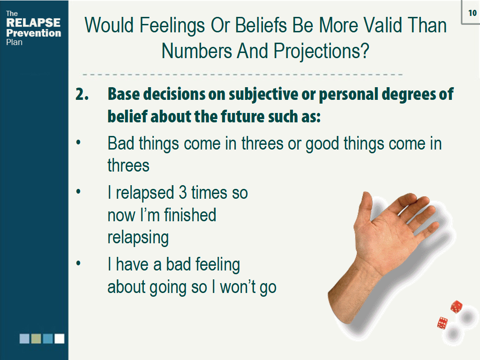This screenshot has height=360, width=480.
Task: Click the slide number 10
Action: coord(472,13)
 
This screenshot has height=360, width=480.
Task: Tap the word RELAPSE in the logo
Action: coord(33,22)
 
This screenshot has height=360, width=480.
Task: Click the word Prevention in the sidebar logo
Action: coord(34,33)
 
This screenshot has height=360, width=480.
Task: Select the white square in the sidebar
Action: coord(60,338)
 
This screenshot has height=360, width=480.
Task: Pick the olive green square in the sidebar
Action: coord(36,338)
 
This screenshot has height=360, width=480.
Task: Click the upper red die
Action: coord(456,307)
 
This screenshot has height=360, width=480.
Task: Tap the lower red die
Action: coord(442,323)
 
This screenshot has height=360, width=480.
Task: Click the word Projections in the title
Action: coord(322,51)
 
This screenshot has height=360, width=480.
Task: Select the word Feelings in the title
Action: coord(172,25)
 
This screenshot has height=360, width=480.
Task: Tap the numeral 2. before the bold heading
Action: coord(82,94)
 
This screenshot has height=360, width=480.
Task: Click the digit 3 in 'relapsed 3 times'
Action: coord(183,193)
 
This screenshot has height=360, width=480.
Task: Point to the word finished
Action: coord(190,215)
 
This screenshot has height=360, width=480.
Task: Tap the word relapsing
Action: coord(138,238)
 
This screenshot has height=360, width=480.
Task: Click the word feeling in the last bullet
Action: coord(217,265)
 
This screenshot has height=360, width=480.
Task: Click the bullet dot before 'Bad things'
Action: coord(78,142)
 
